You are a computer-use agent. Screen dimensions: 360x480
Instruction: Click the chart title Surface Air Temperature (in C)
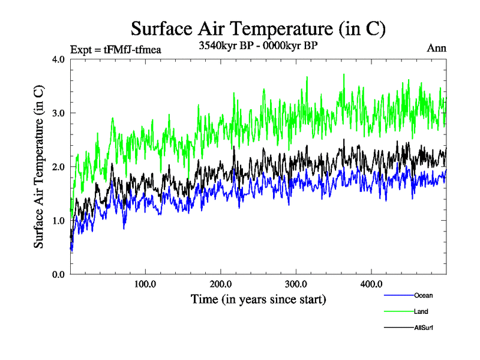point(258,28)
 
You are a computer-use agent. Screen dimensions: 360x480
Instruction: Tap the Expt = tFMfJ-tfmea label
point(116,49)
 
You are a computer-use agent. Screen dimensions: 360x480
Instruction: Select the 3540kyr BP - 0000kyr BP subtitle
point(258,45)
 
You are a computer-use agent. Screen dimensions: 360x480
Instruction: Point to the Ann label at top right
point(437,48)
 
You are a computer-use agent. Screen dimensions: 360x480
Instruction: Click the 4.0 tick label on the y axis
point(59,59)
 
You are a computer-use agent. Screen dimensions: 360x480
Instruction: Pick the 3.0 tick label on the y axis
point(59,113)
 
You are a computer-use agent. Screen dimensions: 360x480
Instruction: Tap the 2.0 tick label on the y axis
point(59,167)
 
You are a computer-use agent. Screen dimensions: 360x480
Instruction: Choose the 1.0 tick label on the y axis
point(59,220)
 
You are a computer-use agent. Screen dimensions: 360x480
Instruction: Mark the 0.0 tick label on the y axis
point(59,274)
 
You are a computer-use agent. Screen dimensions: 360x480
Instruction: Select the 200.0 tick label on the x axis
point(221,283)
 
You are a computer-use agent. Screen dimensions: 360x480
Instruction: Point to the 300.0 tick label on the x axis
point(296,283)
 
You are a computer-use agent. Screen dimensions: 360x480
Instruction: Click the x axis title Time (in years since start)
point(258,298)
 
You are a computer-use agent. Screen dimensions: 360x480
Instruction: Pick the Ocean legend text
point(423,295)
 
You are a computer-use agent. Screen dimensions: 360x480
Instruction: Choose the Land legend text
point(421,311)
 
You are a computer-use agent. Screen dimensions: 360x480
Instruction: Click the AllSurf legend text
point(424,328)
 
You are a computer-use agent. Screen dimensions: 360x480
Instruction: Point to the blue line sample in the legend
point(398,296)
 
